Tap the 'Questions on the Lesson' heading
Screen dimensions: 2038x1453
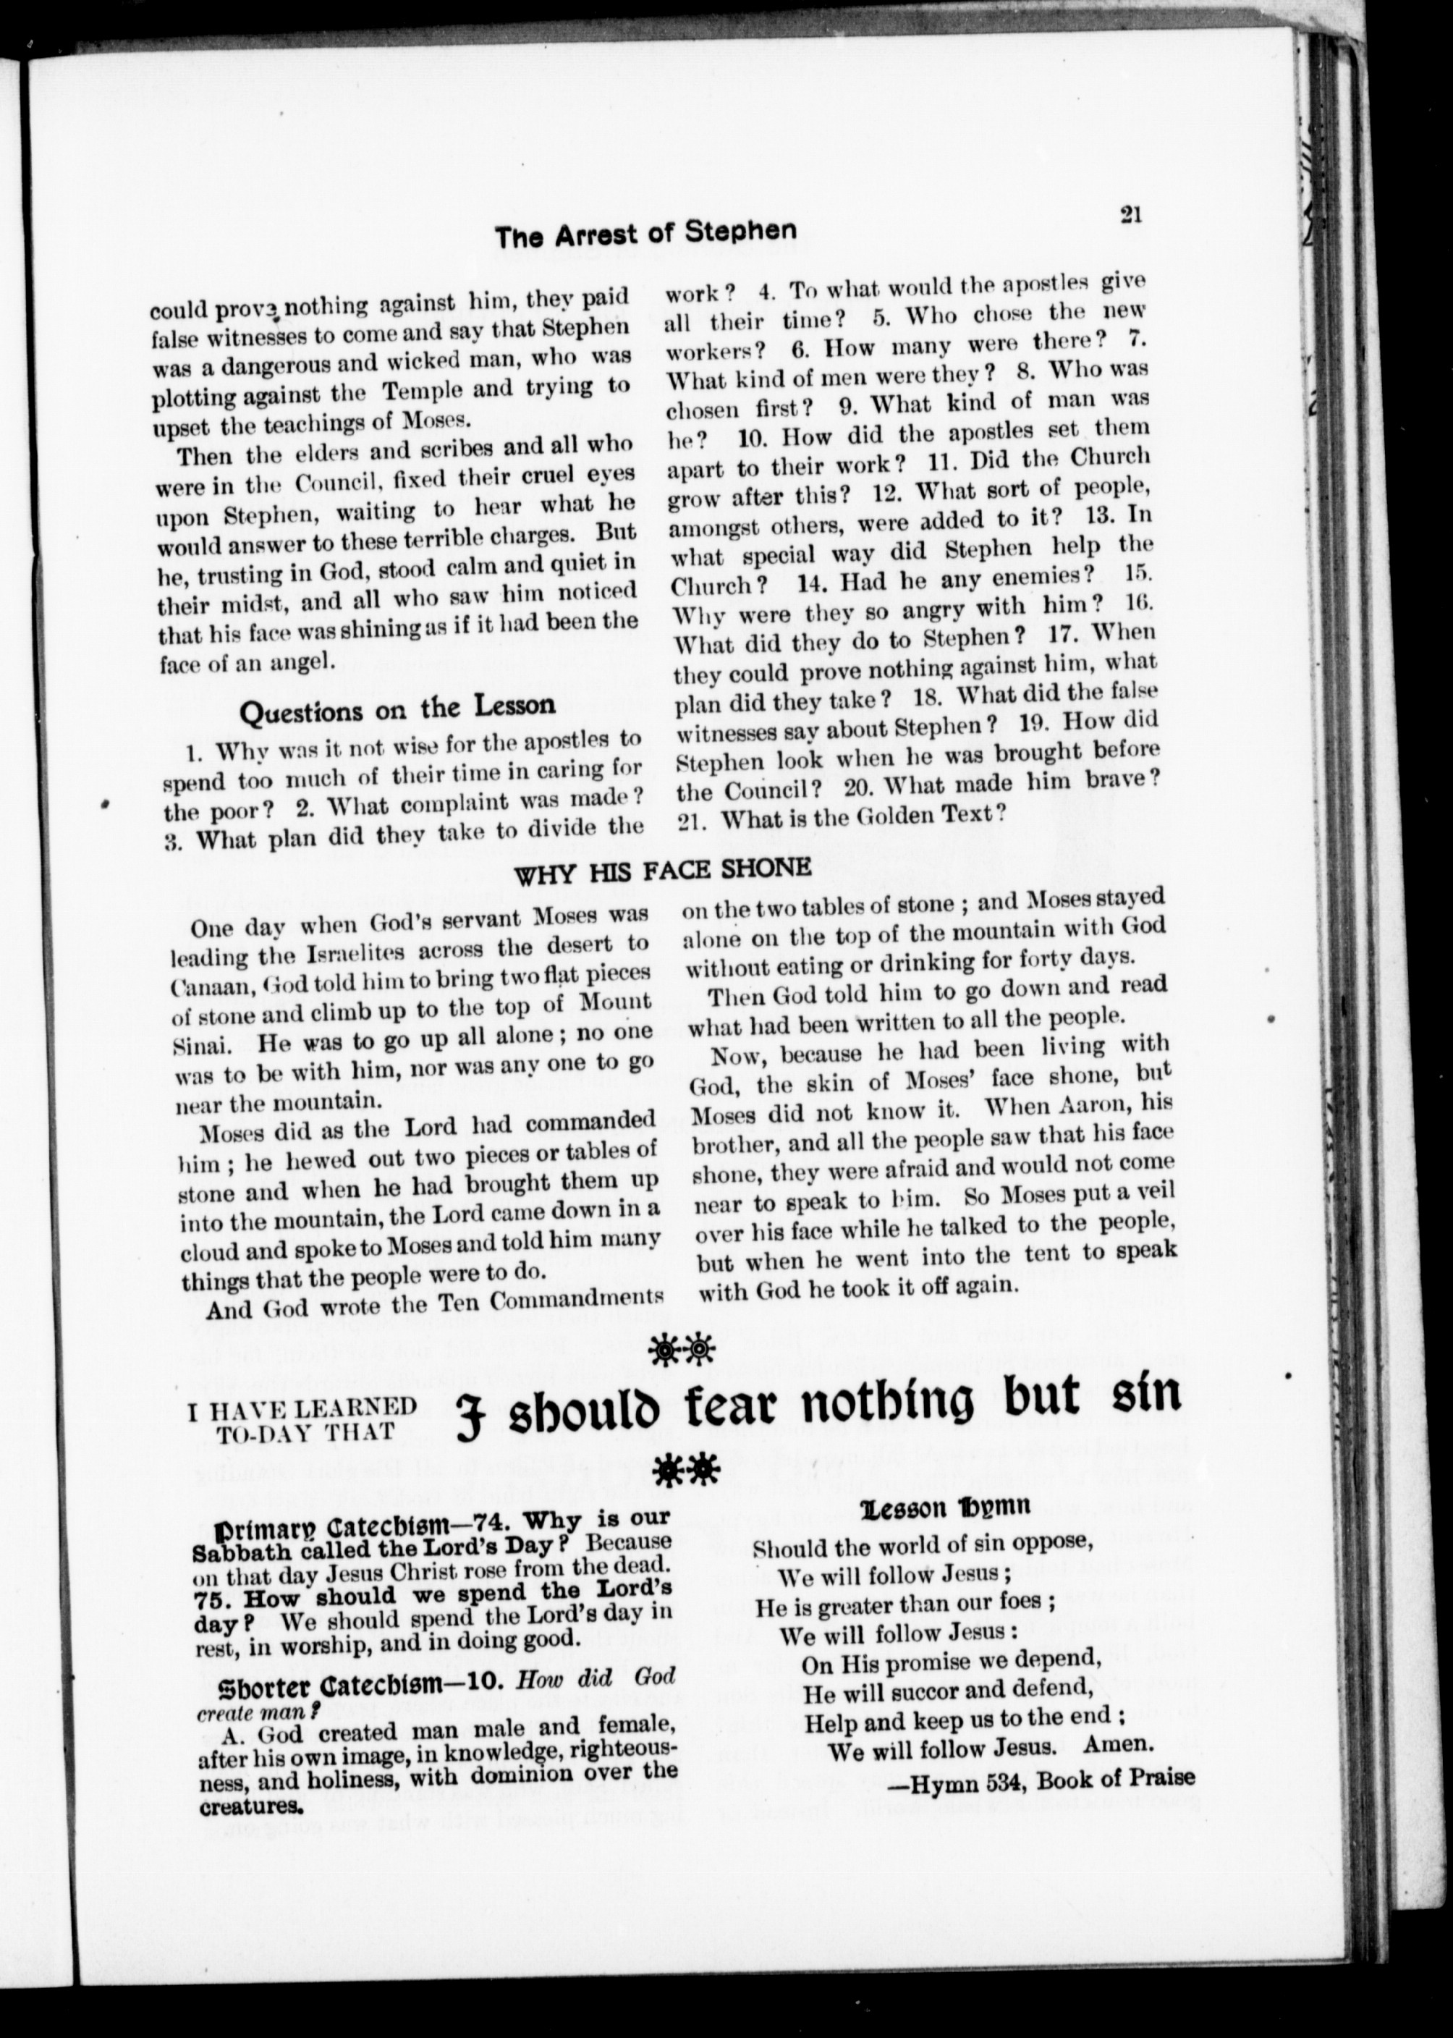(397, 709)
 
